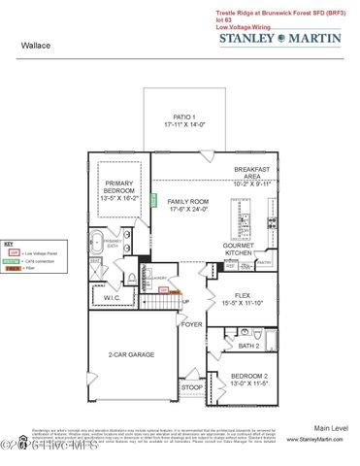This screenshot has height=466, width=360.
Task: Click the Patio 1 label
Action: (x=184, y=119)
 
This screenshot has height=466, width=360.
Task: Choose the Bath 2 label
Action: (x=249, y=345)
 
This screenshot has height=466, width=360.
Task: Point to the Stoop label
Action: (x=191, y=386)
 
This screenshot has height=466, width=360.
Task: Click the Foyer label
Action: (x=192, y=323)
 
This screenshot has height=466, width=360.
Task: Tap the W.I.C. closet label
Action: (x=113, y=298)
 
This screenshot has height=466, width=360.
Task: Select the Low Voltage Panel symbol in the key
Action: (x=13, y=251)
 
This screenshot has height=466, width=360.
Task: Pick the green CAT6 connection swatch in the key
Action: (x=13, y=261)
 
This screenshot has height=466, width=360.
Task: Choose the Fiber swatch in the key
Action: (x=13, y=270)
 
